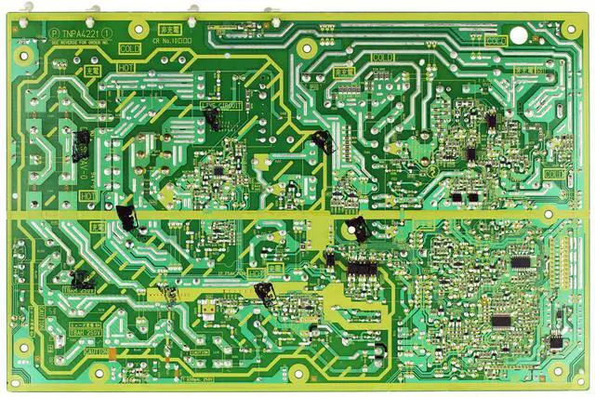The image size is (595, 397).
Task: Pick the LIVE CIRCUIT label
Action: [x=221, y=106]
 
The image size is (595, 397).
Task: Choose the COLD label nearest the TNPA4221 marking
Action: [x=131, y=48]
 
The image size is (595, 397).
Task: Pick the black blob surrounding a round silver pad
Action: [x=355, y=228]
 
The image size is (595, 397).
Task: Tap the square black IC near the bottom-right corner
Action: [x=556, y=342]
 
